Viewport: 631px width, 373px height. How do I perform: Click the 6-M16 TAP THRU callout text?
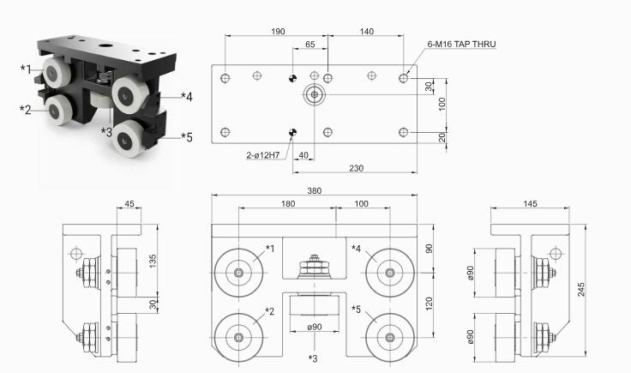click(461, 45)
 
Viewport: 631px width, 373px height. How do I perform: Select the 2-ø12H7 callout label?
click(263, 155)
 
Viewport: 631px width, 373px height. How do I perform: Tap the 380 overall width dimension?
click(315, 190)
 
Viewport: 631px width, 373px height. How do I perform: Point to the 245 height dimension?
click(581, 289)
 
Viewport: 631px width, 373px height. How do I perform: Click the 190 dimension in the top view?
click(278, 32)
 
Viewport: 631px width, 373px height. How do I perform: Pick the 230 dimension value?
click(356, 168)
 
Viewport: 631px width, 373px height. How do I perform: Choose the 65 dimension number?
click(309, 45)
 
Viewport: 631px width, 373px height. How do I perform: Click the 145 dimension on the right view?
click(530, 203)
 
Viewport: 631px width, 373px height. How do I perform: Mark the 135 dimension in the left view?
click(153, 261)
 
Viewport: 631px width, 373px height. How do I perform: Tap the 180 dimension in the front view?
click(288, 203)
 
